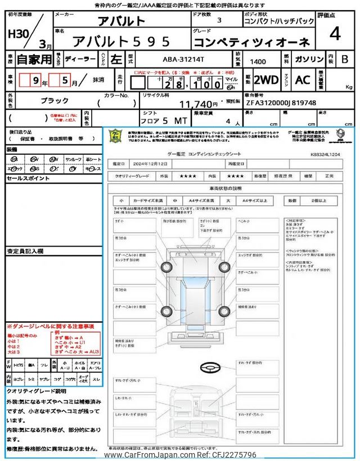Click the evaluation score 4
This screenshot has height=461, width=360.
point(335,35)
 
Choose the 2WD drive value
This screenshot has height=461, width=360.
point(265,79)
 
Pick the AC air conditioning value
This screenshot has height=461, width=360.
point(303,79)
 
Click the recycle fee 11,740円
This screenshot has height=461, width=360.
point(197,104)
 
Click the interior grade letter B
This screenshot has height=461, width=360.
point(344,59)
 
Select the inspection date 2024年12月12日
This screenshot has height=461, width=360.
point(151,163)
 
